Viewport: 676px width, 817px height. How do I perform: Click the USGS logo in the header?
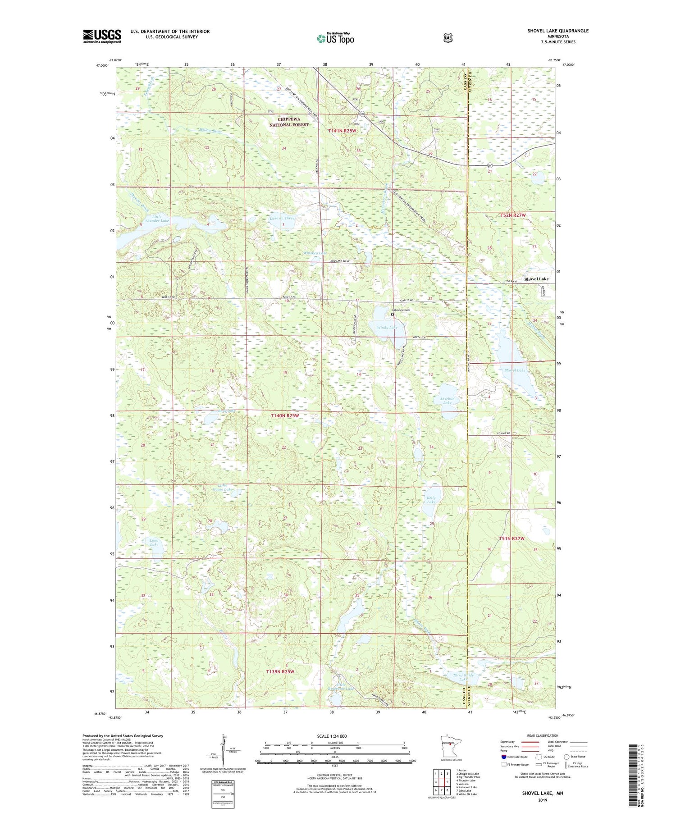pos(102,36)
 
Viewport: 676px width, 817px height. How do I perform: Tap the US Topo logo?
pos(335,38)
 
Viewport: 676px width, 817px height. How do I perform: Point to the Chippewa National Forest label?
pos(289,122)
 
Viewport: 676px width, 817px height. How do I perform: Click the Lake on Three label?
pos(282,218)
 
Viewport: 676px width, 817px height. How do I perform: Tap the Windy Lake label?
pos(387,327)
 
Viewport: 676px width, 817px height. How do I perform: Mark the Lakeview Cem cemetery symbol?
pos(393,315)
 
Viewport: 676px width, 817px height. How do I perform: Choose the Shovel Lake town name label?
pos(536,279)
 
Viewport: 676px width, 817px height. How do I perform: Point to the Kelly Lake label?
pos(431,500)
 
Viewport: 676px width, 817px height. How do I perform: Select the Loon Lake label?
pos(154,542)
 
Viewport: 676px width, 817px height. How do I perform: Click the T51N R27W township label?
pos(512,539)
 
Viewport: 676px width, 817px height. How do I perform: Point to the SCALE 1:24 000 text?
pos(332,736)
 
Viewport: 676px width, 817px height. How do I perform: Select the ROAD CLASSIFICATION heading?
pos(539,735)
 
